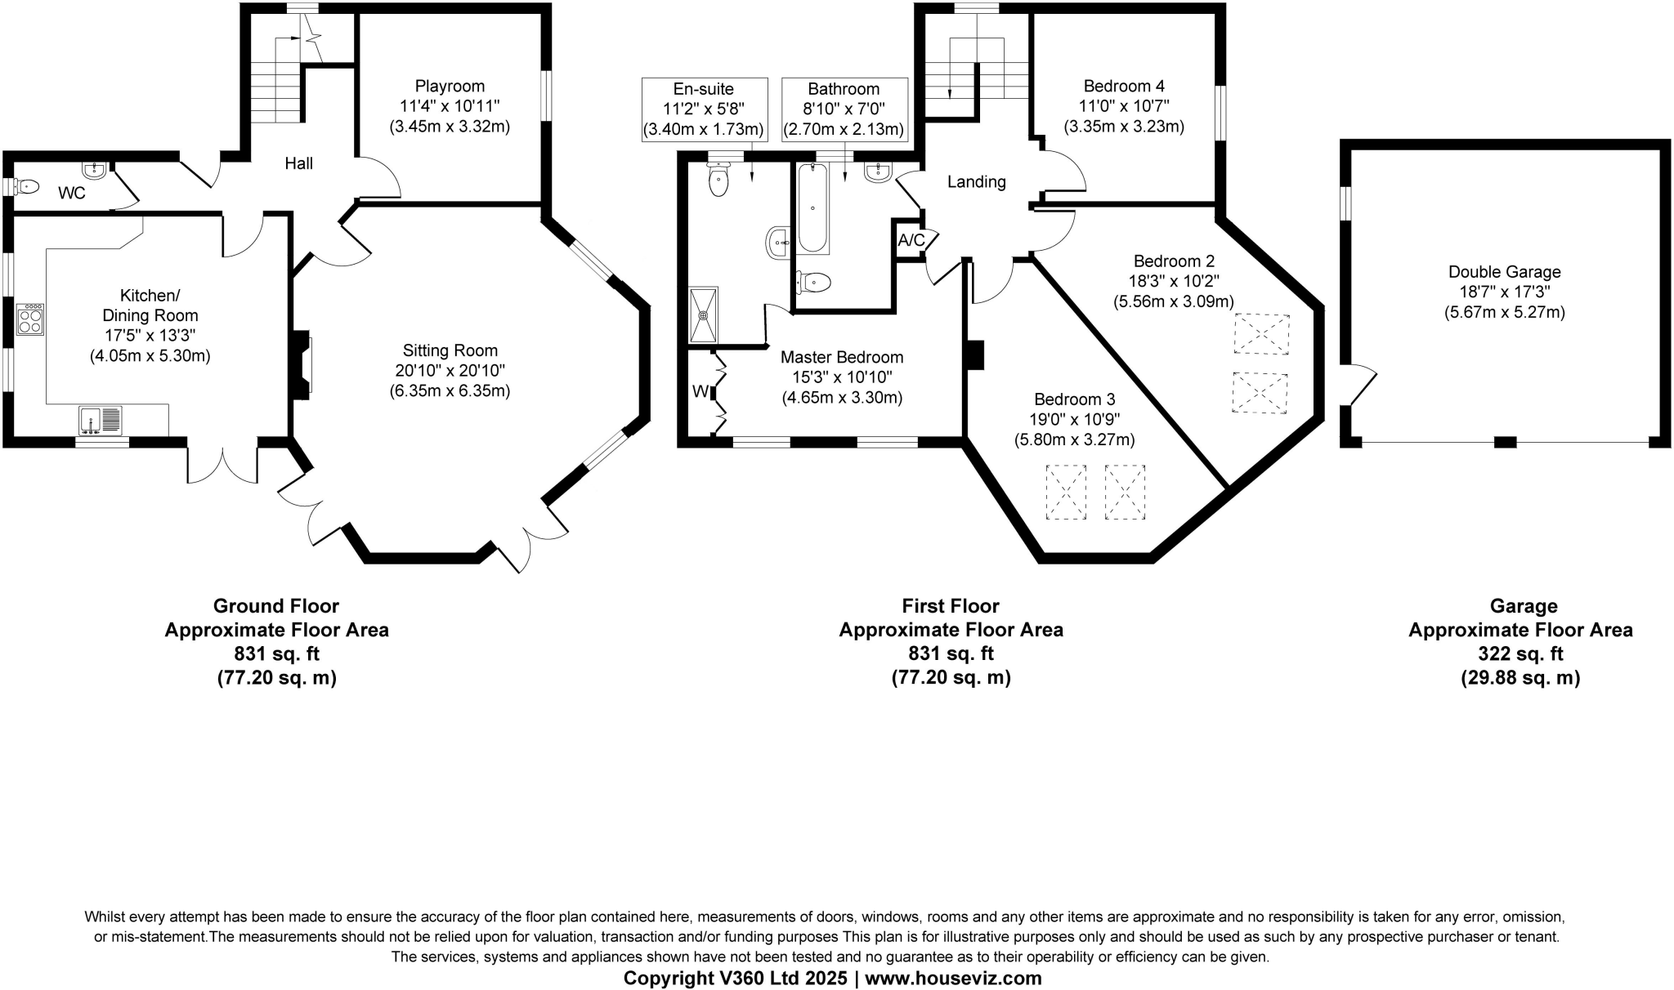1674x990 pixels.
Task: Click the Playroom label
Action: coord(450,86)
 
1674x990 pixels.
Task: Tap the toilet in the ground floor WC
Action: coord(27,187)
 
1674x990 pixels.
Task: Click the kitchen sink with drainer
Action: coord(101,420)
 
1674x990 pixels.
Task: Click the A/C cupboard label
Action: coord(911,240)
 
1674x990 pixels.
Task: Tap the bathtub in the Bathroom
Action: coord(813,207)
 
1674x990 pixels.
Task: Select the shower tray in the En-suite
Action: coord(703,314)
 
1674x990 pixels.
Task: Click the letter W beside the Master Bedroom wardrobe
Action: coord(700,392)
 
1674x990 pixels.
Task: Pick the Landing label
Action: coord(976,181)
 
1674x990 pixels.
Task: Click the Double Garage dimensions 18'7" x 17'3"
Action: coord(1504,292)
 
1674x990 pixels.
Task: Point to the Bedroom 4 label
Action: coord(1124,86)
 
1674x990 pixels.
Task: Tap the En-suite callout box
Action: coord(704,109)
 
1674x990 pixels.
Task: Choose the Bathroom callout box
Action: coord(844,109)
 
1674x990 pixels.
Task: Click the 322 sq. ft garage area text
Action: coord(1520,653)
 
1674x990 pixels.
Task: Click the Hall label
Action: coord(298,163)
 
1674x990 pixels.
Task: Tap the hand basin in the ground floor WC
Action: coord(95,171)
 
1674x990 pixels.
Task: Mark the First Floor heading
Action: coord(951,606)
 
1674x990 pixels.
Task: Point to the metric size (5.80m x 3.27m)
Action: coord(1074,440)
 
